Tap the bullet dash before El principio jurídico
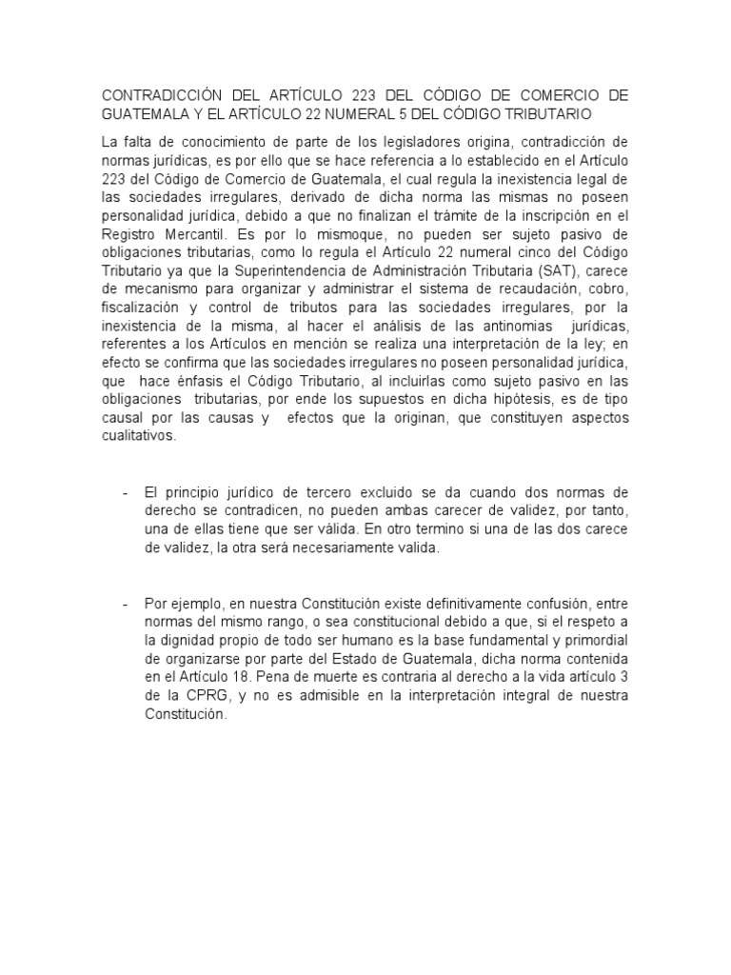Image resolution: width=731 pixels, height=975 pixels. click(125, 491)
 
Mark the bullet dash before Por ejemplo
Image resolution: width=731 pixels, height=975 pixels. click(125, 604)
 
